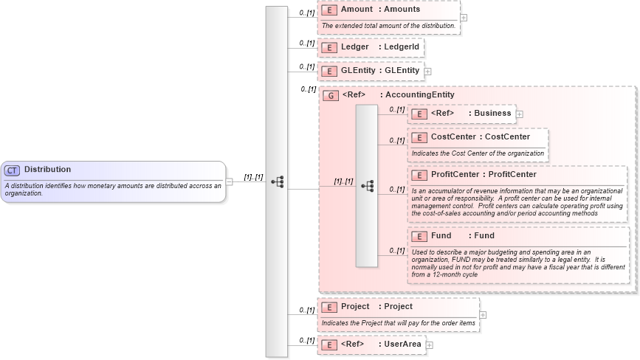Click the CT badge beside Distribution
(12, 170)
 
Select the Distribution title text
(47, 170)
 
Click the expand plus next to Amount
(463, 17)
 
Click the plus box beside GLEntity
(427, 72)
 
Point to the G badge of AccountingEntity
(331, 95)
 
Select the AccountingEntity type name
(419, 95)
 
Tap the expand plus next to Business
(519, 114)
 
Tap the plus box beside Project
(483, 314)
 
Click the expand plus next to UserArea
(429, 345)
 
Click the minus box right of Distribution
(230, 182)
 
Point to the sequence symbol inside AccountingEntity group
(367, 187)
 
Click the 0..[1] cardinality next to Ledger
(306, 44)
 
